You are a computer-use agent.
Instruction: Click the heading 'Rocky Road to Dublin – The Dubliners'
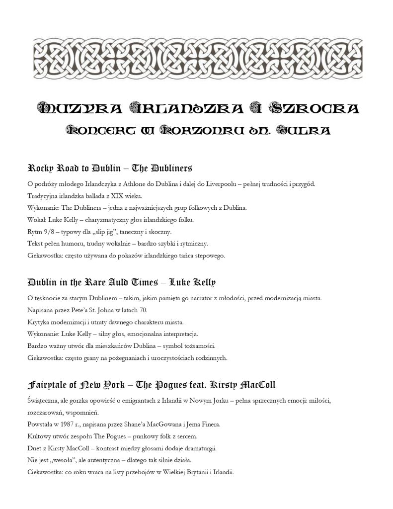(110, 168)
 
